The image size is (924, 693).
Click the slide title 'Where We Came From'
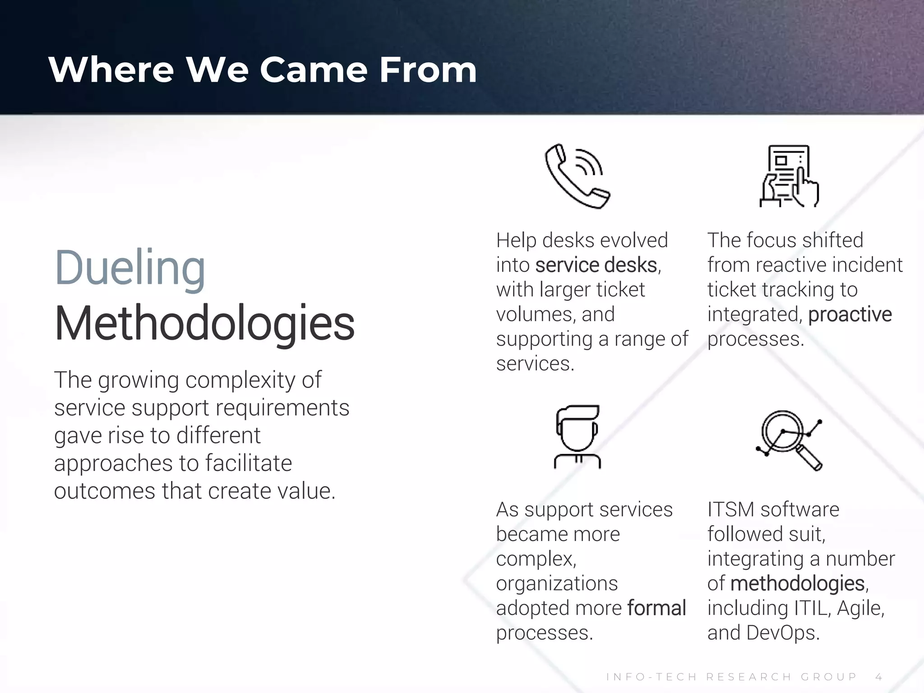coord(263,70)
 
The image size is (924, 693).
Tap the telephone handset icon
coord(577,176)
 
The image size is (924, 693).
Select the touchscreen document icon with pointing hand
coord(789,176)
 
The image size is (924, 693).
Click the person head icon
coord(577,437)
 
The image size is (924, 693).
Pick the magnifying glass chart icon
coord(789,439)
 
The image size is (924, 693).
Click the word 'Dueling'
coord(130,268)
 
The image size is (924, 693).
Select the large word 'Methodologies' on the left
coord(204,323)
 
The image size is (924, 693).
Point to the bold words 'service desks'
coord(596,265)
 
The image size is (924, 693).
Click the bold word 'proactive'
coord(850,314)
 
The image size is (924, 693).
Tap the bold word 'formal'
coord(656,608)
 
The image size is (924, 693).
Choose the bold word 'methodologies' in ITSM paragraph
coord(797,583)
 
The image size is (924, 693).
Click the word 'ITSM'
coord(730,510)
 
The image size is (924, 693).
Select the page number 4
coord(878,677)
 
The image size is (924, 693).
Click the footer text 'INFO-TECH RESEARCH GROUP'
coord(731,677)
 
